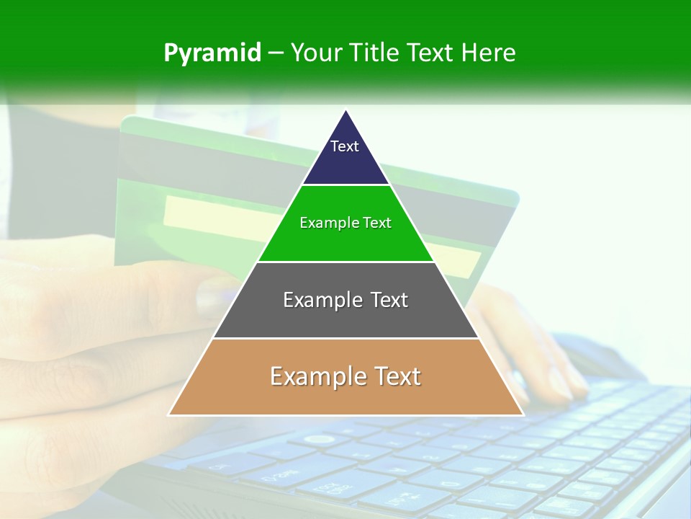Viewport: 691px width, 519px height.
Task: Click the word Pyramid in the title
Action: tap(212, 53)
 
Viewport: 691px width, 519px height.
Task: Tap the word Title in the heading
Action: tap(377, 53)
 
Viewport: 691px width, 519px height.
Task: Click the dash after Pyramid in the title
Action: tap(276, 53)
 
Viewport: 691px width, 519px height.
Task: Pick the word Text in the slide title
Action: tap(432, 53)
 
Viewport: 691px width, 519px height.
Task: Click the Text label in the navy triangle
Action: tap(345, 146)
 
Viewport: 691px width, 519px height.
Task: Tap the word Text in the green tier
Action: tap(377, 223)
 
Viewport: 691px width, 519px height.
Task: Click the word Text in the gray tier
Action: tap(389, 300)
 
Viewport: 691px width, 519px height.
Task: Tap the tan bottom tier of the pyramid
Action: tap(345, 399)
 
